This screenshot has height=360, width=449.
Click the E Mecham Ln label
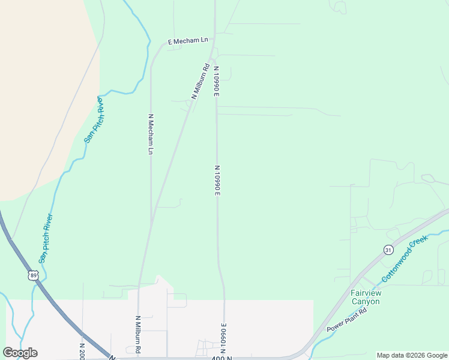pyautogui.click(x=188, y=41)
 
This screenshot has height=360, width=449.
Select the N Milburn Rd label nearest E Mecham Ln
pyautogui.click(x=200, y=81)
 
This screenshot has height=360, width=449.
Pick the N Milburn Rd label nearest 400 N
pyautogui.click(x=138, y=334)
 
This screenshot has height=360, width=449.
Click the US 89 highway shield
pyautogui.click(x=32, y=275)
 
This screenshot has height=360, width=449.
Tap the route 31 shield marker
pyautogui.click(x=388, y=250)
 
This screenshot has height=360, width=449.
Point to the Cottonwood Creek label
pyautogui.click(x=404, y=259)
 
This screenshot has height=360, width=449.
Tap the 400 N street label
pyautogui.click(x=221, y=358)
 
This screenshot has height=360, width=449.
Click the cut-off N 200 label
pyautogui.click(x=82, y=350)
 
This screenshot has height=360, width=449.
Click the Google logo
pyautogui.click(x=20, y=352)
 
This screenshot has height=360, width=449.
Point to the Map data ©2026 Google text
pyautogui.click(x=412, y=355)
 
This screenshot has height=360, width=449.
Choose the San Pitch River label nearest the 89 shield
pyautogui.click(x=46, y=238)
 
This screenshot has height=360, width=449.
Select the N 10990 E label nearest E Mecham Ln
pyautogui.click(x=215, y=81)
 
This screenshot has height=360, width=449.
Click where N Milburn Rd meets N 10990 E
pyautogui.click(x=214, y=58)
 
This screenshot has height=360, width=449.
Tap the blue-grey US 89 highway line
pyautogui.click(x=60, y=306)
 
